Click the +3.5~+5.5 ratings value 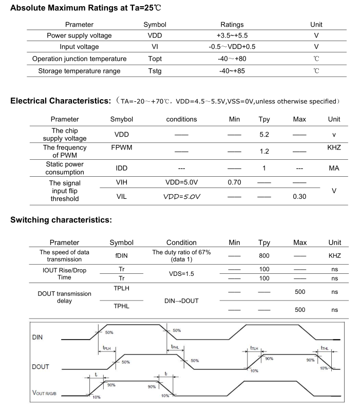(x=232, y=35)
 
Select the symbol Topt (x=155, y=59)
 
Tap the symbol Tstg (x=155, y=70)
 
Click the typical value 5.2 (x=264, y=134)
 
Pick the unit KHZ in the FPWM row (x=334, y=147)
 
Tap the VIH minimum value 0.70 (x=234, y=182)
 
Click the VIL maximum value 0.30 (x=299, y=196)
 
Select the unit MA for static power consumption (x=334, y=168)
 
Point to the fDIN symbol (x=121, y=255)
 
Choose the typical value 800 (x=264, y=255)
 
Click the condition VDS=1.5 (x=181, y=274)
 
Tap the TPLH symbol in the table (x=121, y=289)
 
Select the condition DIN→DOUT (x=181, y=300)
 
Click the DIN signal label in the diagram (x=37, y=338)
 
